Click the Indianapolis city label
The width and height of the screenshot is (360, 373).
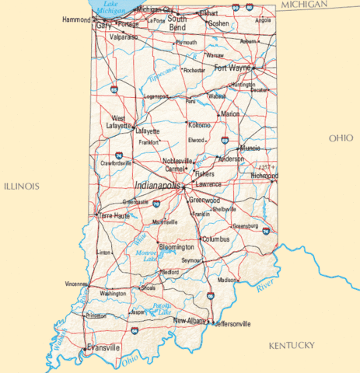pos(158,186)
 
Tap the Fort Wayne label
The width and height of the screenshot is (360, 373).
pos(232,68)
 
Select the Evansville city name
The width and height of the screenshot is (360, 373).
pos(103,347)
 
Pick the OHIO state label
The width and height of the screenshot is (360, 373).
pos(340,138)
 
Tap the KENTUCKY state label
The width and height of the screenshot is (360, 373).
pos(291,345)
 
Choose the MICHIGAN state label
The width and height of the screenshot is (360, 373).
pos(306,5)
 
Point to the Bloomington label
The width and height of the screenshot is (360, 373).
pos(176,246)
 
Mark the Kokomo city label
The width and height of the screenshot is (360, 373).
pos(200,125)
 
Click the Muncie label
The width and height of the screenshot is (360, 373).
pos(250,147)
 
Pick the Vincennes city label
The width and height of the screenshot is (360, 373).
pos(76,284)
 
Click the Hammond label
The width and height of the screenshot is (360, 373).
pos(77,19)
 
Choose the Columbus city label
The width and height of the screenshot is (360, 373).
pos(216,239)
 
